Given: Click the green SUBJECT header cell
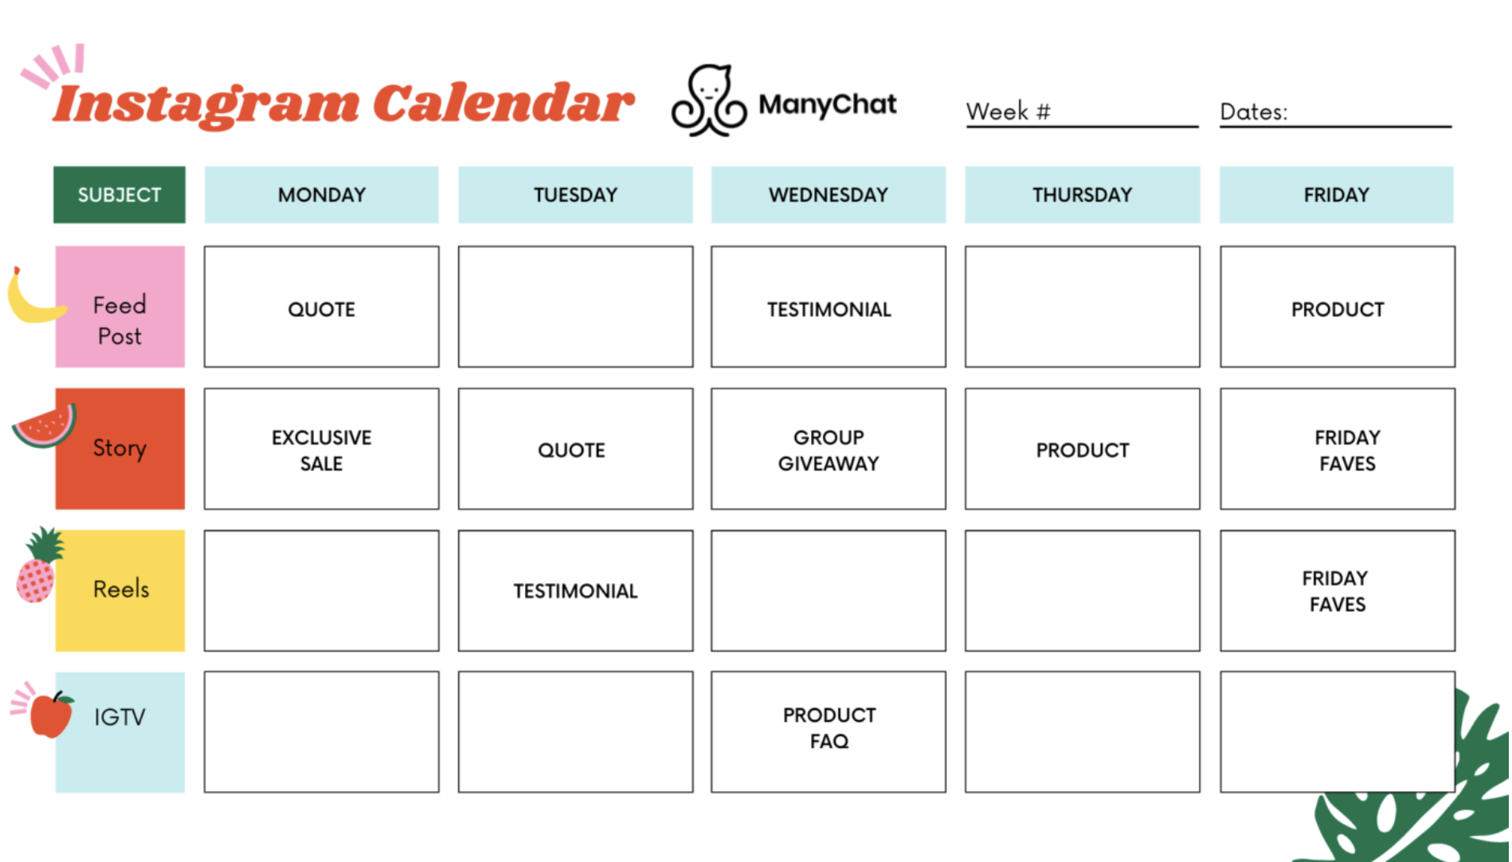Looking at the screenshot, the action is tap(119, 194).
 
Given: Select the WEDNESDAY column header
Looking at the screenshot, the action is tap(828, 194).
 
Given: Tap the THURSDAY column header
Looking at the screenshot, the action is tap(1082, 194).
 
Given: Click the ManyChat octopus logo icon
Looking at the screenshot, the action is tap(708, 100).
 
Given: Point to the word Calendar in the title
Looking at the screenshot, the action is tap(503, 104).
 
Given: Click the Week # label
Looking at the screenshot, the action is tap(1009, 112).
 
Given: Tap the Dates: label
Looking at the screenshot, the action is tap(1254, 112).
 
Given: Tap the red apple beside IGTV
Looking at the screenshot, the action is tap(51, 715).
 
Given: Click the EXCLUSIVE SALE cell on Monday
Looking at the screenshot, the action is tap(321, 449).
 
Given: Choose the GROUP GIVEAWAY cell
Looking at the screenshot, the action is tap(828, 449).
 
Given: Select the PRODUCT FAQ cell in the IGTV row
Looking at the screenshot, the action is tap(828, 731).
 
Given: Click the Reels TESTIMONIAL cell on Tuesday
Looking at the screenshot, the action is tap(575, 590).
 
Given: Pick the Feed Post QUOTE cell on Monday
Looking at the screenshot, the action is tap(321, 307).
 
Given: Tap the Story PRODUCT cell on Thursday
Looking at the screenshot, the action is tap(1082, 449).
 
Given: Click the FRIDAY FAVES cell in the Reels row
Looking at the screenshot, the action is tap(1338, 590).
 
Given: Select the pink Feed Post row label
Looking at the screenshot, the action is tap(119, 307).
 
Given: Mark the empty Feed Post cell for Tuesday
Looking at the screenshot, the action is tap(575, 307).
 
